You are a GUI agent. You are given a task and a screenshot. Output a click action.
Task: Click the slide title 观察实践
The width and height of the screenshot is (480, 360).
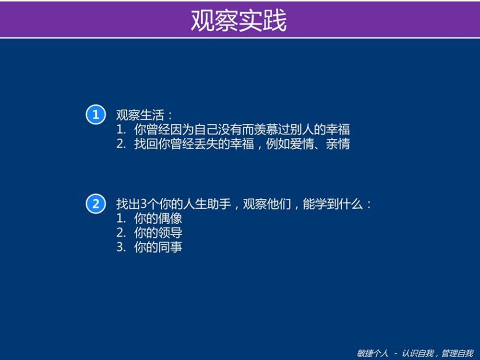click(x=239, y=20)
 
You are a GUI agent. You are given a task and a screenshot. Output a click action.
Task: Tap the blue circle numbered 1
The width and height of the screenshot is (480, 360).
click(x=96, y=115)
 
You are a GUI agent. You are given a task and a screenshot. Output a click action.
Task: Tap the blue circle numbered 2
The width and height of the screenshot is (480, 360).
click(x=96, y=204)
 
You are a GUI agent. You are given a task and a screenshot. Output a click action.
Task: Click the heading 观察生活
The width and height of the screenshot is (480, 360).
click(x=140, y=115)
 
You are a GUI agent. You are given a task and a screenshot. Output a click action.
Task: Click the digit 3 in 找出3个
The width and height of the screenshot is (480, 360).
click(x=144, y=204)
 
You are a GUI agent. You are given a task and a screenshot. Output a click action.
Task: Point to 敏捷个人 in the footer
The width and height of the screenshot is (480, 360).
click(x=372, y=353)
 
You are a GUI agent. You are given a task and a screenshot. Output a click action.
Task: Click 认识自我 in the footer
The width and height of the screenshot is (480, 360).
click(x=418, y=353)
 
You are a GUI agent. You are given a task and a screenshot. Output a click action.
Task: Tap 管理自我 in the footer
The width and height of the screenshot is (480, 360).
click(x=457, y=353)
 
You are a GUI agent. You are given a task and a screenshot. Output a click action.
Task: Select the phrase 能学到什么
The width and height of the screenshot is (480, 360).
click(x=333, y=204)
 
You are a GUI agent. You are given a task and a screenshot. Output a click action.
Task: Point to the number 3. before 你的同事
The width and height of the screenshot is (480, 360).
click(x=121, y=247)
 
